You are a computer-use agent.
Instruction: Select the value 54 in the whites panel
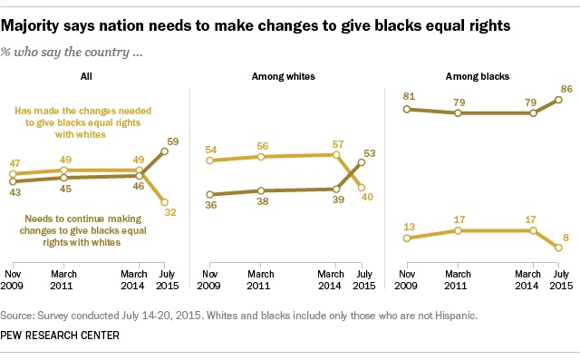pos(210,148)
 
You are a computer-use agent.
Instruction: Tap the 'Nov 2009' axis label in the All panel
pos(13,279)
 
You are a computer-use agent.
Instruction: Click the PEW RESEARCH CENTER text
pos(63,336)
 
